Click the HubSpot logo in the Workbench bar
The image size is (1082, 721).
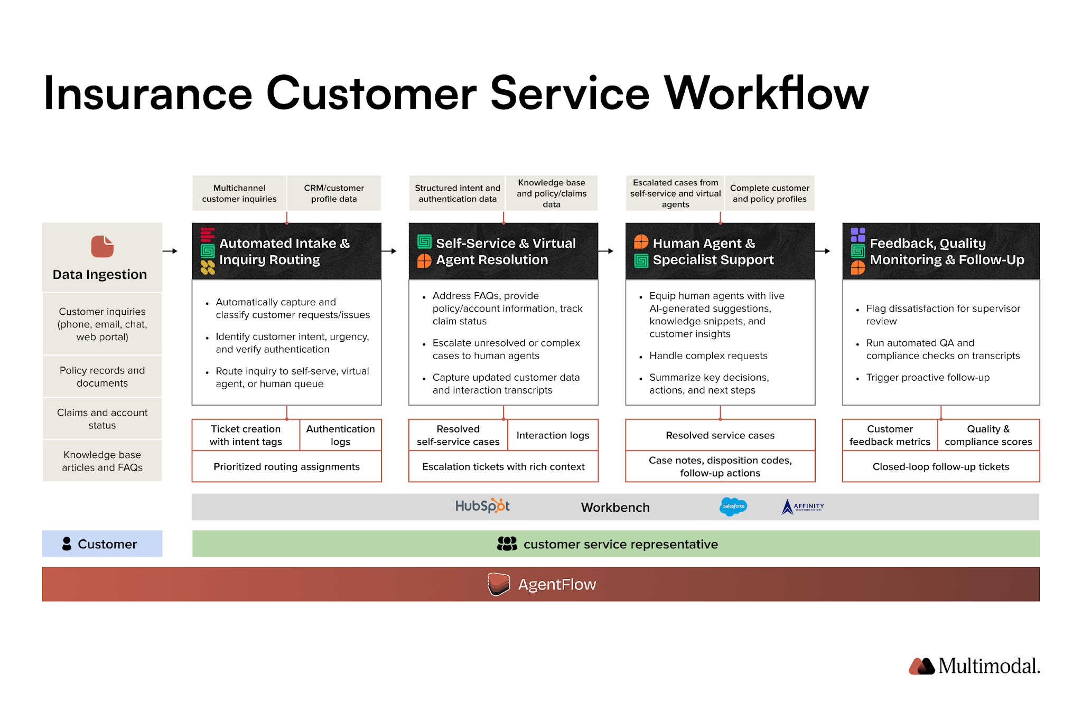point(482,506)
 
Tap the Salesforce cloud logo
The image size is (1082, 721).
point(733,506)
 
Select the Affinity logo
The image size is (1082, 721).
point(802,507)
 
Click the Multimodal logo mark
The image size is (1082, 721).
point(921,666)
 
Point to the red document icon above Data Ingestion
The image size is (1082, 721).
point(102,246)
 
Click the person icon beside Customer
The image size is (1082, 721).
point(67,544)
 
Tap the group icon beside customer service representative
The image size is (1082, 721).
point(507,544)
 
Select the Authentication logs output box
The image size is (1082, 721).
point(340,435)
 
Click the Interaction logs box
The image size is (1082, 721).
point(553,435)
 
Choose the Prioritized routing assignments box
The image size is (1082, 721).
point(286,466)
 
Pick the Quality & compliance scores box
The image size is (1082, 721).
point(988,435)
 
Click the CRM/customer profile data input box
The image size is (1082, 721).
point(334,193)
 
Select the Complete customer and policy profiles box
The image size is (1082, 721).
point(769,193)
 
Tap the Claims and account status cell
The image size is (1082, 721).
point(102,418)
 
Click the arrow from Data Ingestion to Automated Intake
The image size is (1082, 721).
point(170,251)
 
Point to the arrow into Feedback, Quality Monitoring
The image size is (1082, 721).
point(823,251)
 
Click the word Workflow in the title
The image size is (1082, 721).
point(766,93)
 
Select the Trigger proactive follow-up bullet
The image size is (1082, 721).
point(927,377)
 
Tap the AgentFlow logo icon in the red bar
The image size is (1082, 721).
point(498,584)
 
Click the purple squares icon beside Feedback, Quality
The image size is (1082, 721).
point(858,235)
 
